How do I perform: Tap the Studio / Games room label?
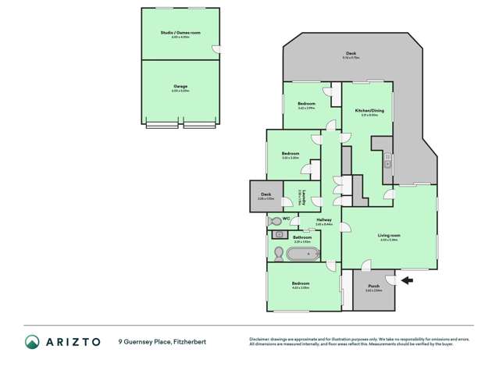click(180, 33)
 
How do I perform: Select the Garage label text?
click(180, 86)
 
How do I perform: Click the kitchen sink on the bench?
click(387, 164)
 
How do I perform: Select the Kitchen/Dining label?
click(369, 111)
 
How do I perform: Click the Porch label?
click(373, 286)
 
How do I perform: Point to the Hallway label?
click(324, 219)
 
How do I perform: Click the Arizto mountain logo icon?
click(32, 341)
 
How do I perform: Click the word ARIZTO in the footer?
click(73, 341)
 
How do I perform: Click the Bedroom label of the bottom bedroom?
click(301, 283)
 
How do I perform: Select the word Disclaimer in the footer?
click(259, 338)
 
